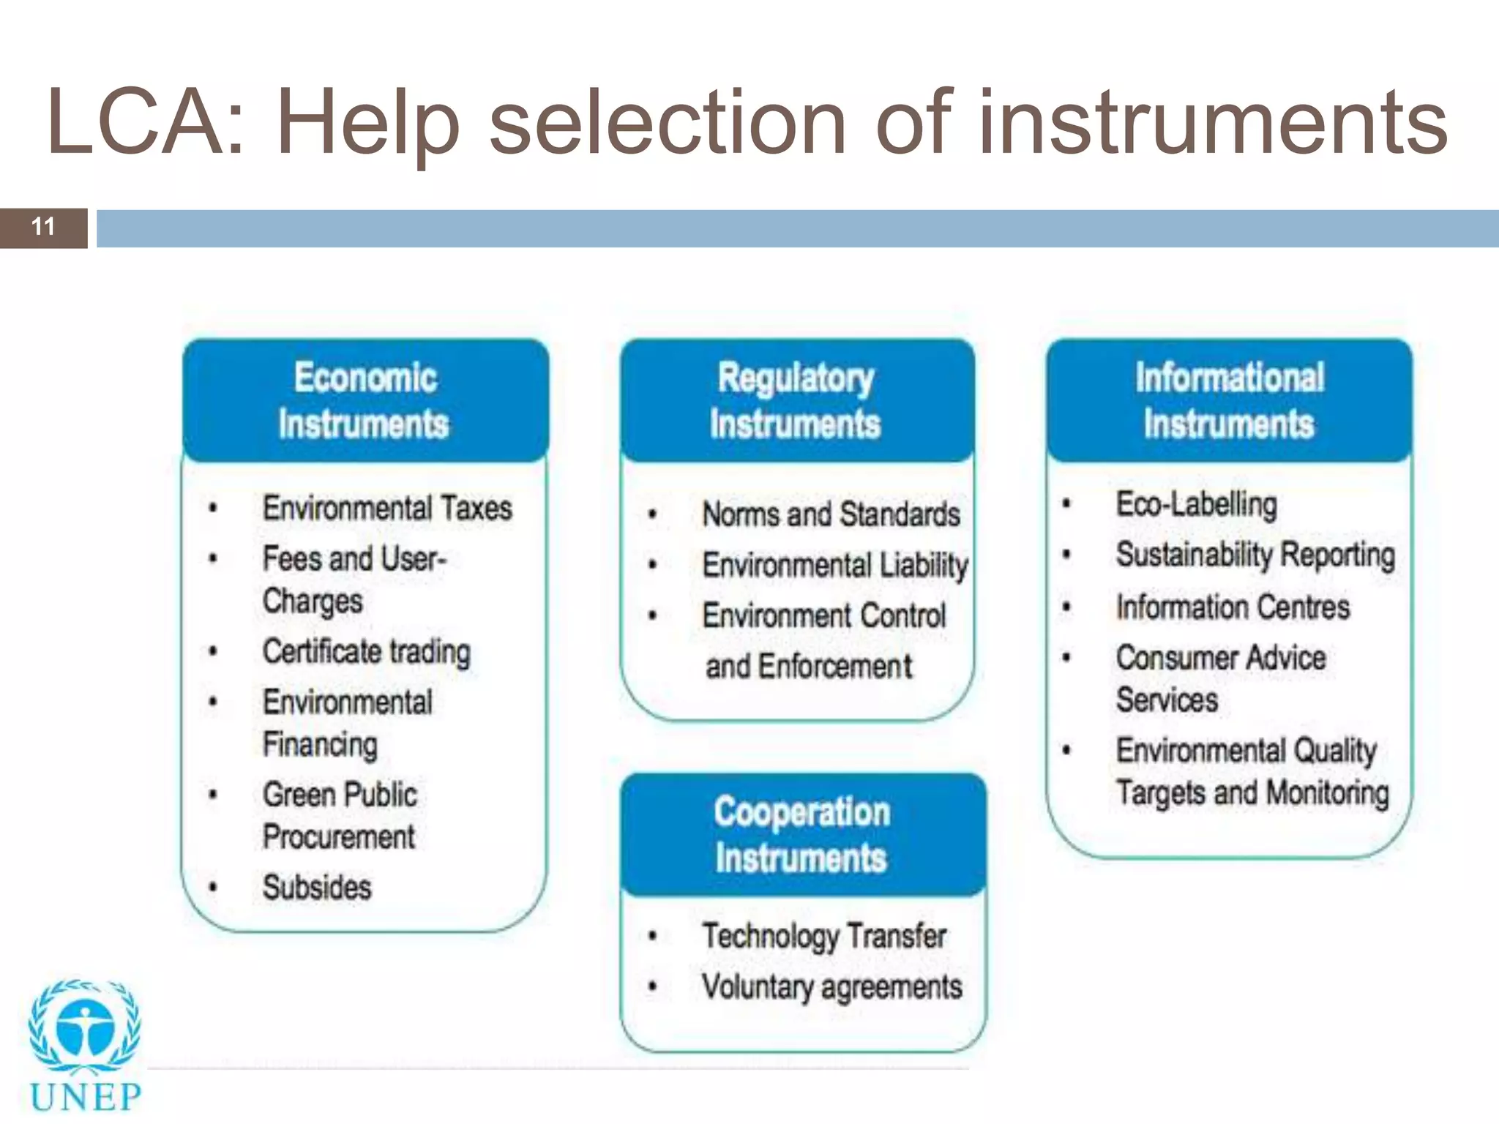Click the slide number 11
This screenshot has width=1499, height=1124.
tap(43, 227)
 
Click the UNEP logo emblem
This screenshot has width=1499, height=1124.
tap(85, 1029)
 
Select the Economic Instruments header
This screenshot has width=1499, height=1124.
tap(365, 401)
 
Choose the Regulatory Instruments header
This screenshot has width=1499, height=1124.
tap(796, 401)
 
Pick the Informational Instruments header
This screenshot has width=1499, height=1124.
tap(1229, 401)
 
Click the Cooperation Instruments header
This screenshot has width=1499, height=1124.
tap(801, 835)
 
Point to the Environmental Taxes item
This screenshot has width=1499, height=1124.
tap(387, 508)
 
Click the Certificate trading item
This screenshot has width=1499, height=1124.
tap(366, 651)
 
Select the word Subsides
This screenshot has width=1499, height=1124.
tap(317, 888)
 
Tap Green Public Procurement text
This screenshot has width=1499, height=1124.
tap(340, 815)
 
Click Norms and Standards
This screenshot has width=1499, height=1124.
tap(831, 514)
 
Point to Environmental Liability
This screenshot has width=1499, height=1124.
tap(834, 565)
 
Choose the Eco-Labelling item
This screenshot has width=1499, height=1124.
tap(1196, 504)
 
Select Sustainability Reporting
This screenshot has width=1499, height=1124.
tap(1255, 555)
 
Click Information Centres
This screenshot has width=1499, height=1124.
tap(1232, 607)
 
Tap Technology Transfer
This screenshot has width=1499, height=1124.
tap(823, 936)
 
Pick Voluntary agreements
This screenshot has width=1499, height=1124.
tap(831, 987)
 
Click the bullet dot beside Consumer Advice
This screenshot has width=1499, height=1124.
tap(1066, 658)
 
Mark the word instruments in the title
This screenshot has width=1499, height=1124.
tap(1213, 123)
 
